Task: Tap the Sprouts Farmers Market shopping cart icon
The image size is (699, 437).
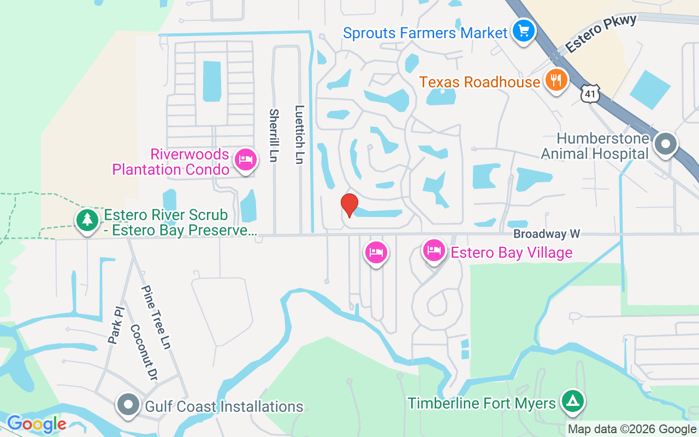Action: click(524, 31)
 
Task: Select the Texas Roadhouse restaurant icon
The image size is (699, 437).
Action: click(556, 81)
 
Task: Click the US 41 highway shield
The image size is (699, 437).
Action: click(591, 94)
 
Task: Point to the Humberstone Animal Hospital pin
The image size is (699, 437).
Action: click(666, 145)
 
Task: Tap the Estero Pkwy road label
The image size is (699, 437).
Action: click(601, 34)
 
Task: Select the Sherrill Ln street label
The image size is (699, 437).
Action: click(274, 135)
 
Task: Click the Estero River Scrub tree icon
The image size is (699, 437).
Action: click(87, 220)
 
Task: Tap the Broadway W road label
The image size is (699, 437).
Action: click(546, 234)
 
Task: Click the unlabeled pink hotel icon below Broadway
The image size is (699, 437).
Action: click(376, 252)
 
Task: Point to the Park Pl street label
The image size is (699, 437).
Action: click(116, 326)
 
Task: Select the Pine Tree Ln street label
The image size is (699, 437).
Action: click(156, 317)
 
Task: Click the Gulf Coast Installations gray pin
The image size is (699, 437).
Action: click(129, 405)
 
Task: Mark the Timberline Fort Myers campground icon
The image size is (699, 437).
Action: click(572, 401)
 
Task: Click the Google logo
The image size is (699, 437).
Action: click(37, 424)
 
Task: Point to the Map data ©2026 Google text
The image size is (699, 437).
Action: click(632, 429)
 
